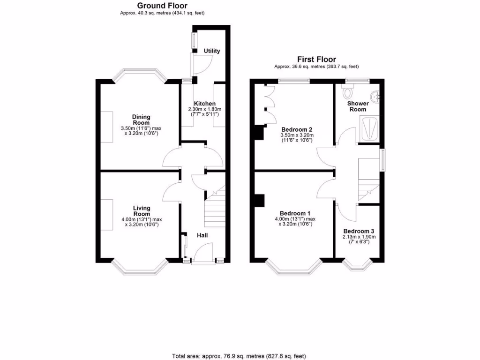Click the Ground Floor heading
point(162,6)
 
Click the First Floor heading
point(316,60)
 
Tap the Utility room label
point(212,51)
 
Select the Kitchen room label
point(205,104)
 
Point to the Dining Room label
point(141,120)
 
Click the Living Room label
point(141,211)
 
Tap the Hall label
point(202,235)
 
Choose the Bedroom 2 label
point(297,129)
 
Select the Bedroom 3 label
point(359,231)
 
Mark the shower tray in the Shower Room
point(369,127)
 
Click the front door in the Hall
point(202,253)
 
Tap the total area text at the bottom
point(240,356)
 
